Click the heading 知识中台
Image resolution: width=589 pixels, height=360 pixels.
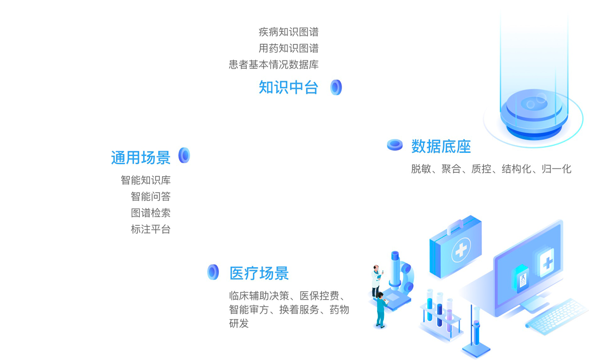click(289, 87)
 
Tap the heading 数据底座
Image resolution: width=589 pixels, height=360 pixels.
click(441, 146)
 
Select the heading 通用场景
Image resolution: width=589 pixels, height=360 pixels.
click(141, 158)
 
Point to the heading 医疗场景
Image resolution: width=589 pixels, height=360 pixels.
click(259, 273)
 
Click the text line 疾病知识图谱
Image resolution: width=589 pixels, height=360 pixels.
click(289, 32)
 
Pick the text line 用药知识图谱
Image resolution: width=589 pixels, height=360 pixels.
click(289, 48)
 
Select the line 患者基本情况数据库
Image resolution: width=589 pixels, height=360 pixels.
click(273, 64)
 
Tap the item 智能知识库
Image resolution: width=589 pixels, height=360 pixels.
click(146, 180)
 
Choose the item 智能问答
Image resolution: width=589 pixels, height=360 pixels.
click(151, 196)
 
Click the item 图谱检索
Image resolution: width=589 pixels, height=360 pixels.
click(151, 213)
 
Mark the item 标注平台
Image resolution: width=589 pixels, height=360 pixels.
click(151, 229)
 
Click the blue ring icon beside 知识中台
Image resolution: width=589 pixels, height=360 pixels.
click(336, 87)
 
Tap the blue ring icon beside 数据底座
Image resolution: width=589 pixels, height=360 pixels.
click(395, 145)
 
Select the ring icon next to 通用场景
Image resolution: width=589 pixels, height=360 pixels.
click(184, 155)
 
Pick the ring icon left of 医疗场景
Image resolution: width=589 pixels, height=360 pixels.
click(213, 272)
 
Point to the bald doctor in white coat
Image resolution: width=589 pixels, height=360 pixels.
click(376, 280)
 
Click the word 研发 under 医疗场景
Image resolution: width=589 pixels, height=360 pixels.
click(239, 324)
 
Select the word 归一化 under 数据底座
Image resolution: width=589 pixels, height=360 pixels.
click(557, 169)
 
